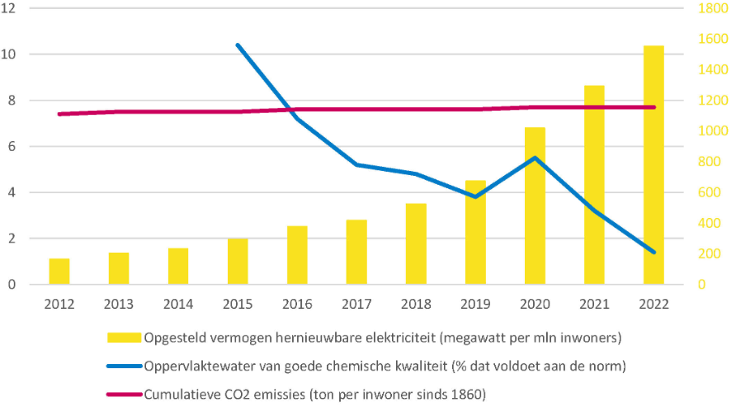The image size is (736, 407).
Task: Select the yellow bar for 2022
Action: click(653, 165)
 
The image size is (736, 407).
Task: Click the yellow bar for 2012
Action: click(59, 272)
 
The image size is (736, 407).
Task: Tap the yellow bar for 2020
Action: click(535, 206)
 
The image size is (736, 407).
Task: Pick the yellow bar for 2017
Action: click(356, 252)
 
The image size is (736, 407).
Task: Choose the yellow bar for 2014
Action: click(178, 266)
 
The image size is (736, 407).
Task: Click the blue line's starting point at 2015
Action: click(238, 45)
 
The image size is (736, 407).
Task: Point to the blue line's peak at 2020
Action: click(535, 158)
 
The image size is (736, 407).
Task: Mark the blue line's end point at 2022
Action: click(653, 253)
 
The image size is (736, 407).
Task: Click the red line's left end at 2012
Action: click(59, 114)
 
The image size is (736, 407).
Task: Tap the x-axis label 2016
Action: click(297, 304)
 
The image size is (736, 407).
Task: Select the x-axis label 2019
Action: click(475, 304)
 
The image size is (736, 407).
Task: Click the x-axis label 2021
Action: click(594, 304)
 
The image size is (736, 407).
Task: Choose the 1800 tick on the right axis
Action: click(711, 8)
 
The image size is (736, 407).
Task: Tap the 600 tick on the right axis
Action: click(709, 192)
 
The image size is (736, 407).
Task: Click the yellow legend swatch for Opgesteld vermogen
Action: click(125, 338)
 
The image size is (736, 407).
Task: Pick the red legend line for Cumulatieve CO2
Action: click(125, 394)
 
